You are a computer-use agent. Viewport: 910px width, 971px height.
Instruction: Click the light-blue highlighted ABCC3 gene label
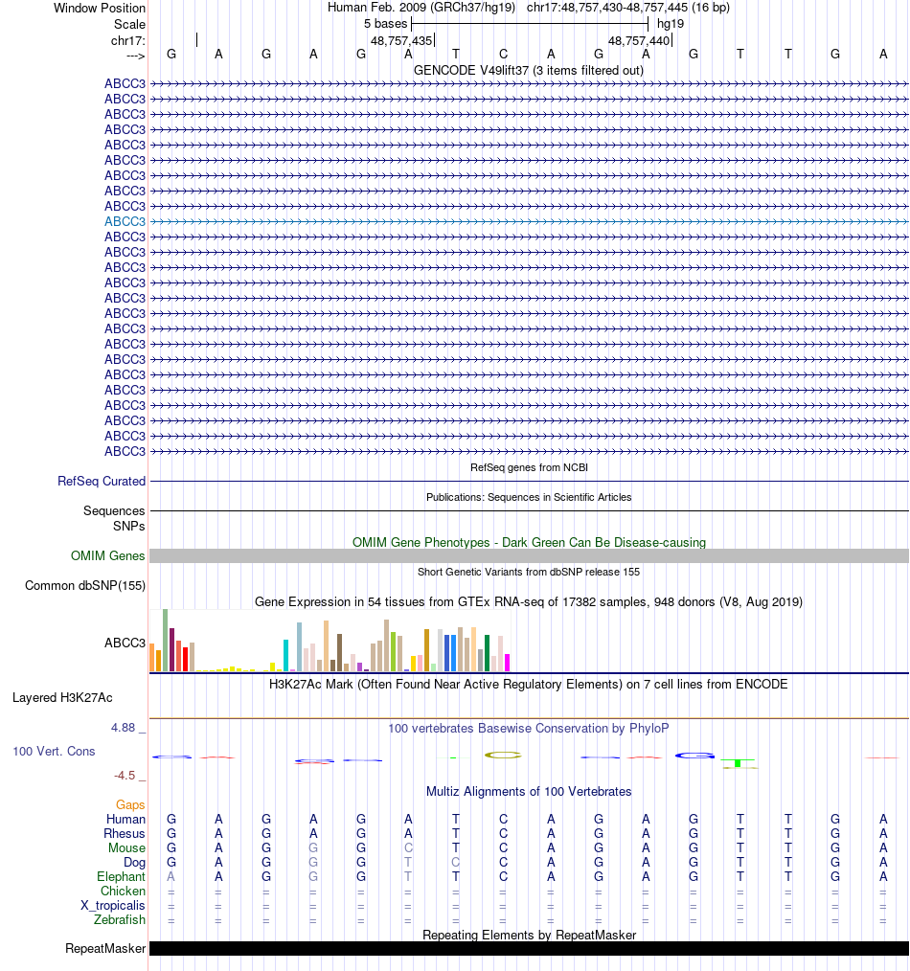tap(125, 221)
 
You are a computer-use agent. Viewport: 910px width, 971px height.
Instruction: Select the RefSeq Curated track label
tap(102, 482)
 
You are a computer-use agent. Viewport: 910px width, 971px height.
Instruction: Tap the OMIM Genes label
tap(108, 556)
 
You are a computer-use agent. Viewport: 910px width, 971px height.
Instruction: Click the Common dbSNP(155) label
tap(85, 586)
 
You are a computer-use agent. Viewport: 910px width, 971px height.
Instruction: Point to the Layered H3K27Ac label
tap(62, 697)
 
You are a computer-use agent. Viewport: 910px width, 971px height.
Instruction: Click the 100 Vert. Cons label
tap(54, 752)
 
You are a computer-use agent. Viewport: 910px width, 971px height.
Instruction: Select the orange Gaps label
tap(130, 805)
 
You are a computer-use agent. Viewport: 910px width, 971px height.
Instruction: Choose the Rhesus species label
tap(125, 834)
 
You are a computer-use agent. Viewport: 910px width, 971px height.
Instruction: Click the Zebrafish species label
tap(120, 920)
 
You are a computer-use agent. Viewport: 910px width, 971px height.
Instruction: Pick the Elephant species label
tap(121, 877)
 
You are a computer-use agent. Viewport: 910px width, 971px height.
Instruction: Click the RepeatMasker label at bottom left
tap(105, 949)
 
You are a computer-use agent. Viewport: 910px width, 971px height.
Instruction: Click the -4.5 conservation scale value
tap(125, 776)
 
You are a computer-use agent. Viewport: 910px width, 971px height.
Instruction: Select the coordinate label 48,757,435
tap(401, 41)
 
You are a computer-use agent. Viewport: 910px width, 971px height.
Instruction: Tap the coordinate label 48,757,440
tap(639, 41)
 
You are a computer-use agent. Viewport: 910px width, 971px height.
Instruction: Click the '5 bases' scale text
tap(385, 23)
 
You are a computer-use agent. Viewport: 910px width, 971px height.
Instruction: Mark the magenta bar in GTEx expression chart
tap(508, 662)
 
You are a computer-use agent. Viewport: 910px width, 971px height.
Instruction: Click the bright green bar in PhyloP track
tap(739, 763)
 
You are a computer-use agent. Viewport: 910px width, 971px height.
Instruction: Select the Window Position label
tap(100, 8)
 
